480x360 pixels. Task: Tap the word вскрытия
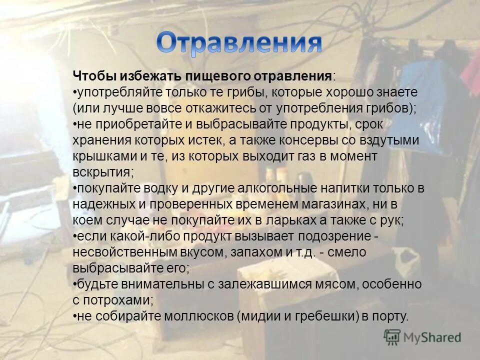(102, 172)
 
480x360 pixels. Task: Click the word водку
(151, 188)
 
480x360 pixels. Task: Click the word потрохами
(119, 300)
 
